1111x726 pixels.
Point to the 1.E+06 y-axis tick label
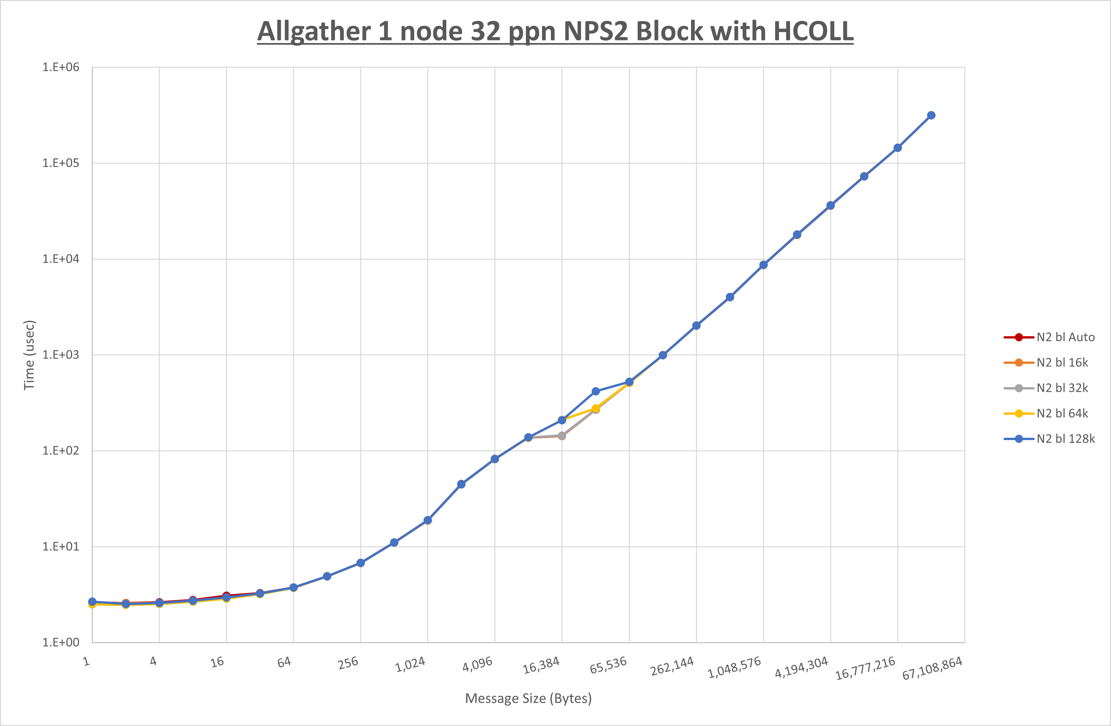point(61,67)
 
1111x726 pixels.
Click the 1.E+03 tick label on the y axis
point(61,355)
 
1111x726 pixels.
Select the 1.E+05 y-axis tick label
point(61,163)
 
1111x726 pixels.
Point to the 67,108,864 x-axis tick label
point(932,668)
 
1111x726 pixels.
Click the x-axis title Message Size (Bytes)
point(529,698)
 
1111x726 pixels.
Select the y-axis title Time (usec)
point(29,355)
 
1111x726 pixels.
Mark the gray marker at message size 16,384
point(562,435)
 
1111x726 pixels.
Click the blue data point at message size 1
point(92,602)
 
